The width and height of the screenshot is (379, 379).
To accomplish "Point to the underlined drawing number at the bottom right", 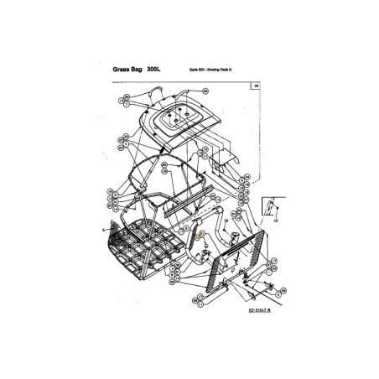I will pyautogui.click(x=241, y=309).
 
